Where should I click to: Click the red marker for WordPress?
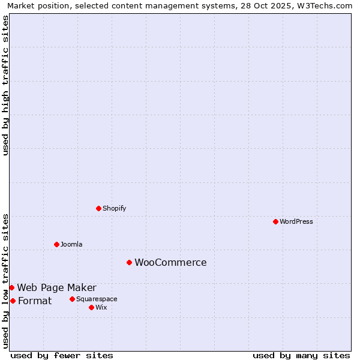(x=275, y=221)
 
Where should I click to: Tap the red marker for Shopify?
(x=98, y=208)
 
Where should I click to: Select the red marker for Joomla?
(x=56, y=244)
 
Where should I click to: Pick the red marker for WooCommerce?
(x=129, y=262)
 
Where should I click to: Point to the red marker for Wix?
(x=91, y=307)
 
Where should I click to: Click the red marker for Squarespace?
(x=72, y=299)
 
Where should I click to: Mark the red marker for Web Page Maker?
(x=11, y=287)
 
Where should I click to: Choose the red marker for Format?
(x=13, y=301)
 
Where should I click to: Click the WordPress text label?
(x=296, y=221)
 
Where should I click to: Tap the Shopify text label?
(x=114, y=208)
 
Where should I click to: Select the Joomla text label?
(x=71, y=244)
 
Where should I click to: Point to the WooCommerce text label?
(x=170, y=262)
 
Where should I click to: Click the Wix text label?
(x=101, y=307)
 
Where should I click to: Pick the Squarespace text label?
(x=97, y=299)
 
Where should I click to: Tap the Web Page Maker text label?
(x=56, y=287)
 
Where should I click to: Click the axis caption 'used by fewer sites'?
(x=62, y=355)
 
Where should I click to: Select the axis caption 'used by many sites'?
(x=301, y=355)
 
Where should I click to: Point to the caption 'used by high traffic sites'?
(x=6, y=85)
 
